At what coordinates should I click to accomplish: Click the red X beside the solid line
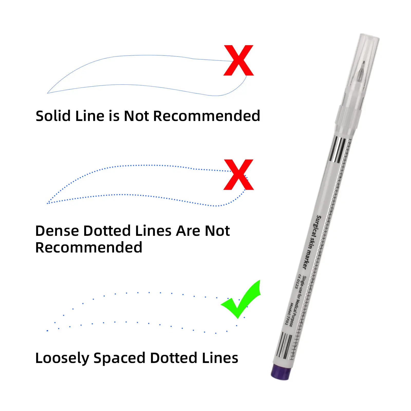point(239,60)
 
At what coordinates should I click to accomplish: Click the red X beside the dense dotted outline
point(239,175)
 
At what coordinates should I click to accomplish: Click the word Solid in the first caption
point(53,116)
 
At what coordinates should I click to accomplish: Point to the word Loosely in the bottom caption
point(62,358)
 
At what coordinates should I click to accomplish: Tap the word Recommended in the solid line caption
point(207,116)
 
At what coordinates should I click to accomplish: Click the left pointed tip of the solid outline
point(48,93)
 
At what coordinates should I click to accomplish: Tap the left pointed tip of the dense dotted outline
point(48,203)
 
